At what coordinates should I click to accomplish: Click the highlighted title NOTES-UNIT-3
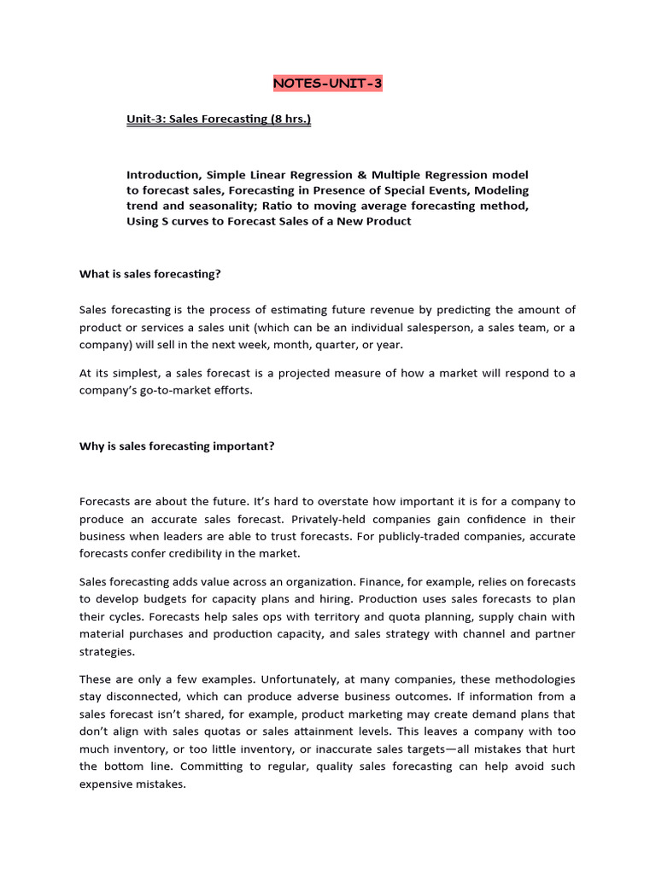[327, 84]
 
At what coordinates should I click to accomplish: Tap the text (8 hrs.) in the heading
[291, 119]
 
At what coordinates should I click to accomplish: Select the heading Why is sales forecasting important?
[177, 446]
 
